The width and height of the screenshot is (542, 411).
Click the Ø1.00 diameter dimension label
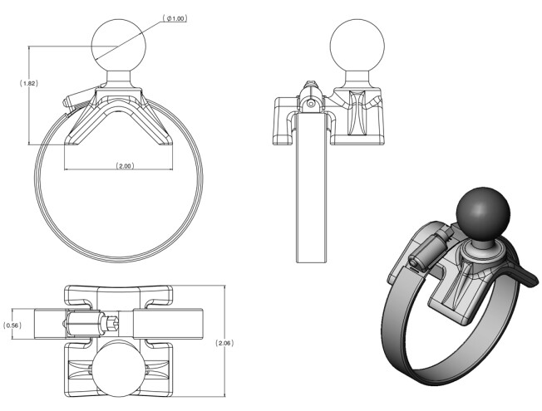coord(175,18)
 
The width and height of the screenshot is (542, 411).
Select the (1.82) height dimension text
coord(29,83)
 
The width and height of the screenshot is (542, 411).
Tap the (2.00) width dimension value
coord(125,166)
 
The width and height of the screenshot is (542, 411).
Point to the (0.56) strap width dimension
coord(12,325)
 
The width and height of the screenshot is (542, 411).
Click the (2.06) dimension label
coord(224,343)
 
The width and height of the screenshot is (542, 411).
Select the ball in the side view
coord(357,46)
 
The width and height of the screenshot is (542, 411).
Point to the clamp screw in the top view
coord(91,324)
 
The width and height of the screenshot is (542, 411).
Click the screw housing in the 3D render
coord(431,250)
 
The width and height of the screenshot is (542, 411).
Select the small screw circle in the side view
coord(311,103)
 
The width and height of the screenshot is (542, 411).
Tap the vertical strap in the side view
coord(311,188)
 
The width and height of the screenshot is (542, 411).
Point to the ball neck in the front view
coord(119,80)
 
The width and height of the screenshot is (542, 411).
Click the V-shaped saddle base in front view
coord(119,117)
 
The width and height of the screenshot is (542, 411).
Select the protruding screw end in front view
coord(80,98)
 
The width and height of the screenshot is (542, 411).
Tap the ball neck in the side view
coord(357,80)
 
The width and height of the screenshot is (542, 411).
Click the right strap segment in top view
coord(168,324)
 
